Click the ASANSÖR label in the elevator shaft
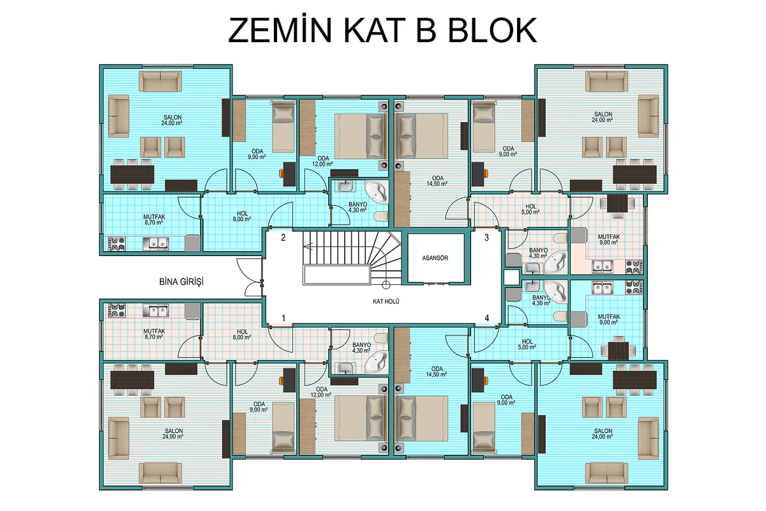[435, 258]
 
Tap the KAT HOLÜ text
[386, 301]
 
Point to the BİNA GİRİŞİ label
[181, 282]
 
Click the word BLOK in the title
[492, 31]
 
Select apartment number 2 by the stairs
[283, 238]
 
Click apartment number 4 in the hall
[486, 318]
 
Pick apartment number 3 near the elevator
[486, 238]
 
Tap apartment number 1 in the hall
[283, 318]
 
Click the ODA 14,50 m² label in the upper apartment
[437, 181]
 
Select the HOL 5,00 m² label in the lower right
[527, 344]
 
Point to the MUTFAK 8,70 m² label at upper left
[154, 220]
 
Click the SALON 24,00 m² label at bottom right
[603, 434]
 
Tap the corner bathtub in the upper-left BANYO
[377, 192]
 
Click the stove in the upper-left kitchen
[117, 244]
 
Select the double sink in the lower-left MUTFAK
[156, 310]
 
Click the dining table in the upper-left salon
[132, 175]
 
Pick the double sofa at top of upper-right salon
[606, 81]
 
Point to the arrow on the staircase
[308, 245]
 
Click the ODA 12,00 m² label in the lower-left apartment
[322, 392]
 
